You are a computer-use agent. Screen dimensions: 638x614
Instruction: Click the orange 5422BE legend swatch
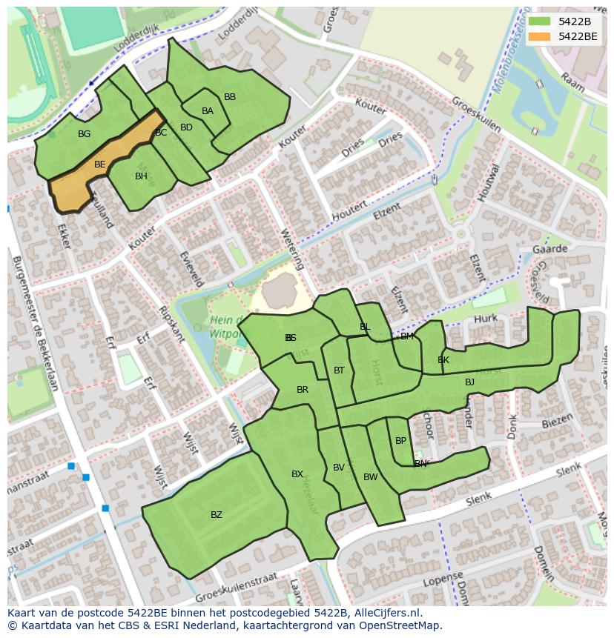539,36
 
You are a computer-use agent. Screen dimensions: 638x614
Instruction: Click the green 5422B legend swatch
539,21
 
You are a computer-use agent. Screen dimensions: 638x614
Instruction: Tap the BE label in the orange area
100,165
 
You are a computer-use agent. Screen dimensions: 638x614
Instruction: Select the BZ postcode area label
216,515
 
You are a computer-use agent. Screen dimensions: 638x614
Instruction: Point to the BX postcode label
297,474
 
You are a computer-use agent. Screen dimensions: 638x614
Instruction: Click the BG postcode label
84,134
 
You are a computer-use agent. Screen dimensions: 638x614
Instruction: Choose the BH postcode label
141,176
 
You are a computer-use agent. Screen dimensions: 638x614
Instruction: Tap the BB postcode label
230,97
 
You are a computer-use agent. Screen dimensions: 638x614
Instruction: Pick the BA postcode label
208,111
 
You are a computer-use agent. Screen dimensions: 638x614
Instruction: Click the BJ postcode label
469,382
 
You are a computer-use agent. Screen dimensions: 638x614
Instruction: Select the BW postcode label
370,477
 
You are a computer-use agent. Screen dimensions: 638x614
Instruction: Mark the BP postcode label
400,441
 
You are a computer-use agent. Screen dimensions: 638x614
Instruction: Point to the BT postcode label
339,370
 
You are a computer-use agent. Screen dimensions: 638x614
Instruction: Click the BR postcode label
303,390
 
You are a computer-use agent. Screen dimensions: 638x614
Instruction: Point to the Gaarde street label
549,250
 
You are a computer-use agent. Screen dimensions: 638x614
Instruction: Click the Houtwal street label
486,182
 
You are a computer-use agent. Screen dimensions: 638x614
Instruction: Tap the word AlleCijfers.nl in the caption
386,614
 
